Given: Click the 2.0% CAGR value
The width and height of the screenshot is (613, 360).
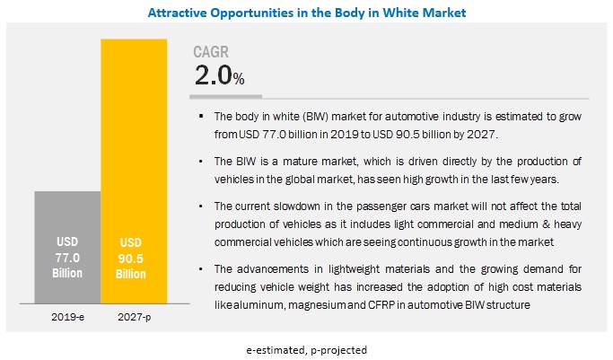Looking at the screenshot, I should coord(220,77).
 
